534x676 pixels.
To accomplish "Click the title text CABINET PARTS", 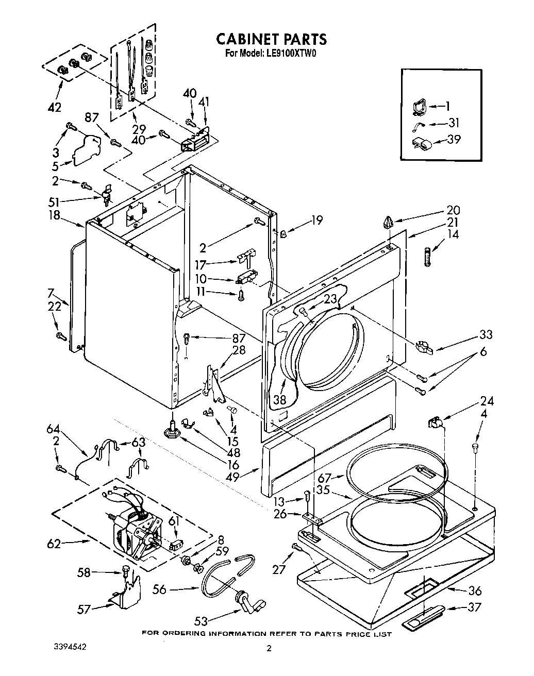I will pyautogui.click(x=271, y=39).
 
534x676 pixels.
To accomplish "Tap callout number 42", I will pyautogui.click(x=54, y=107).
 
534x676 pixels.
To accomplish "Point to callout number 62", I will pyautogui.click(x=54, y=543).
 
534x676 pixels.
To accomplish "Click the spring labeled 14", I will pyautogui.click(x=427, y=256).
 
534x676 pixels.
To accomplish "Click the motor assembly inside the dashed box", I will pyautogui.click(x=137, y=531).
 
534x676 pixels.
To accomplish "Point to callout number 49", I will pyautogui.click(x=232, y=477).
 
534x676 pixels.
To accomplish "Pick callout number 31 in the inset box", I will pyautogui.click(x=454, y=123).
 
